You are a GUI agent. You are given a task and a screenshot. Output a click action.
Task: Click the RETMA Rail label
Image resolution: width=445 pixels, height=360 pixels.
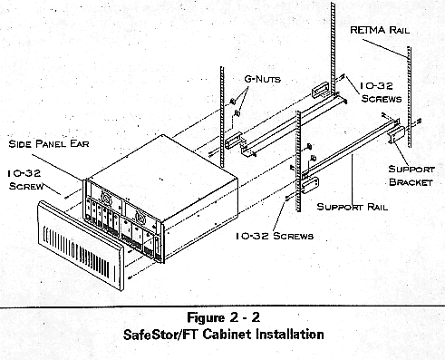[380, 30]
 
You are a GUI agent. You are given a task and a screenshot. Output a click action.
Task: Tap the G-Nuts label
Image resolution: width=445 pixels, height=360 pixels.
[262, 79]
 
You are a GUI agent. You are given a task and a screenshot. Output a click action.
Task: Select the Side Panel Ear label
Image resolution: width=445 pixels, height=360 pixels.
[49, 143]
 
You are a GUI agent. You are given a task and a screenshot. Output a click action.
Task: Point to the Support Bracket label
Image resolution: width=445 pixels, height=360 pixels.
[411, 176]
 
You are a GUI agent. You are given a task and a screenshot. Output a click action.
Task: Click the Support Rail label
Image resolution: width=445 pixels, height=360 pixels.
[352, 207]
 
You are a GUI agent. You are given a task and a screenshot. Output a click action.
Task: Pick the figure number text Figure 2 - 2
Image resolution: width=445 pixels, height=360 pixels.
[223, 317]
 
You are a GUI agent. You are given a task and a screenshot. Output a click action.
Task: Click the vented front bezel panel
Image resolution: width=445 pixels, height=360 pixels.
[81, 246]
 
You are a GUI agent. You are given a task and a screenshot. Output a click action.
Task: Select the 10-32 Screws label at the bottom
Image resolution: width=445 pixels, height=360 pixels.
[275, 236]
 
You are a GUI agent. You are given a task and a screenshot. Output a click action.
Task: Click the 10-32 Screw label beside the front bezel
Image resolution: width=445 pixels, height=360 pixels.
[24, 180]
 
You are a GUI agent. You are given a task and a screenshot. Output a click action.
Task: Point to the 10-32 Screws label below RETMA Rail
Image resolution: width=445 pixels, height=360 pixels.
[381, 92]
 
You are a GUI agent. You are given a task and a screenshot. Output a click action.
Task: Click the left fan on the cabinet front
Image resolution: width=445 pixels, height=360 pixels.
[106, 198]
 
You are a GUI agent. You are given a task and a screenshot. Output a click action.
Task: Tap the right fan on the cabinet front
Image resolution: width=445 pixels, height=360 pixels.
[140, 216]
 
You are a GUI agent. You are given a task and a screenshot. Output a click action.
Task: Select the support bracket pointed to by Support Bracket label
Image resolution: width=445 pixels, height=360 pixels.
[397, 134]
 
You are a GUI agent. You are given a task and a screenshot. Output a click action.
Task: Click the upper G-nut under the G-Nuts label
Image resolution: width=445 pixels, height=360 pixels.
[233, 102]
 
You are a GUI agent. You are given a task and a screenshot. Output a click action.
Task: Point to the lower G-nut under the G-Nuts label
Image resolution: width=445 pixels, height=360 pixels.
[237, 113]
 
